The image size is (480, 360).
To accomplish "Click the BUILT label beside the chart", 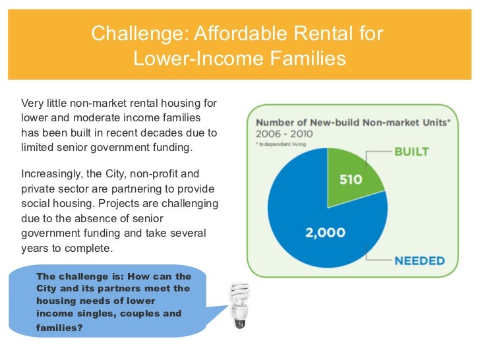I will point(411,151).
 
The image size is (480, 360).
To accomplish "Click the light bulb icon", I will point(239,305).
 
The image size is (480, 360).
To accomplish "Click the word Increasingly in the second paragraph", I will point(49,175).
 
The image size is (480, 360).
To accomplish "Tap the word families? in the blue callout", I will point(59,326).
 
